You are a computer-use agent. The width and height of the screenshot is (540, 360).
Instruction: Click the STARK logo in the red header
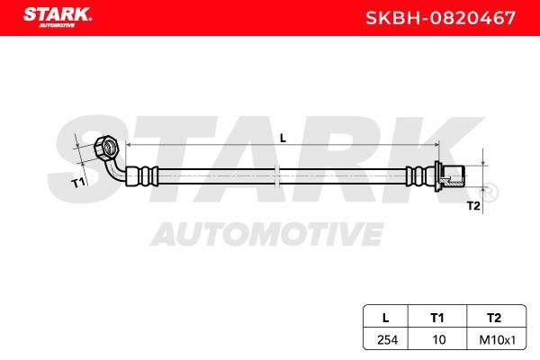coord(58,17)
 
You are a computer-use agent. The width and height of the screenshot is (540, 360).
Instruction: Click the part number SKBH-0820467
coord(440,18)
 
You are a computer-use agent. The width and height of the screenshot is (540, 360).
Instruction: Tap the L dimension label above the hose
coord(283,138)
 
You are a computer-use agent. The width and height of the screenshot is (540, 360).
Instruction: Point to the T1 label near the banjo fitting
coord(78,182)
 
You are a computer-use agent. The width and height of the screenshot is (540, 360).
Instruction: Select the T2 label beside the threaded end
coord(473,206)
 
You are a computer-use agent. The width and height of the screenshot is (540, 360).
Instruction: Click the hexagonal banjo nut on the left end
coord(107,148)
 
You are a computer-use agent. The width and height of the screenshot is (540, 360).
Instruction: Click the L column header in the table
coord(386,318)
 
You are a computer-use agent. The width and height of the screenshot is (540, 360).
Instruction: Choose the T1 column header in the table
coord(437,318)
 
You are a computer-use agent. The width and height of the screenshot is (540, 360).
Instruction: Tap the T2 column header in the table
coord(494,318)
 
